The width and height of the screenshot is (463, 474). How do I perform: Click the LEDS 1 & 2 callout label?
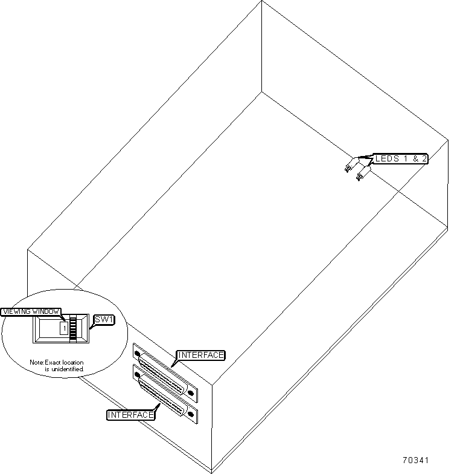pyautogui.click(x=401, y=159)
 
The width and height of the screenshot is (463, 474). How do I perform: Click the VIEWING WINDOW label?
pyautogui.click(x=31, y=312)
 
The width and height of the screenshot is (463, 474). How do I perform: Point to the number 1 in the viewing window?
pyautogui.click(x=63, y=329)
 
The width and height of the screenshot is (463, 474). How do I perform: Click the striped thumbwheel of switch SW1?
pyautogui.click(x=74, y=329)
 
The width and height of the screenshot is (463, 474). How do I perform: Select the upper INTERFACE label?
pyautogui.click(x=200, y=355)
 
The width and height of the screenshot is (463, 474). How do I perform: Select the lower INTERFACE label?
pyautogui.click(x=130, y=415)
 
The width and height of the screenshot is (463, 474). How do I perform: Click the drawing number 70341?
pyautogui.click(x=416, y=460)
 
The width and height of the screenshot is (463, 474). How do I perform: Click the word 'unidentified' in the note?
pyautogui.click(x=68, y=369)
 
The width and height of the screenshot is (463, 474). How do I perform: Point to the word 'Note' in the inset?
pyautogui.click(x=37, y=362)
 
